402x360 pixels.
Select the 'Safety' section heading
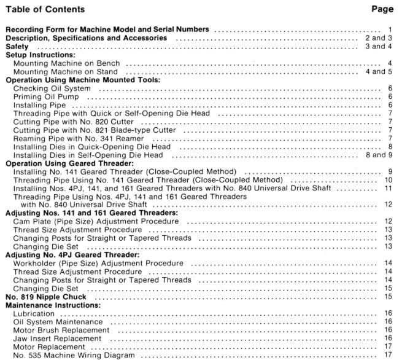coord(19,47)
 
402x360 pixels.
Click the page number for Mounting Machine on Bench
coord(389,63)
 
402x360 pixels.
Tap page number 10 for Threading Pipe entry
coord(388,181)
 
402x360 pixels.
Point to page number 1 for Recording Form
coord(390,29)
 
